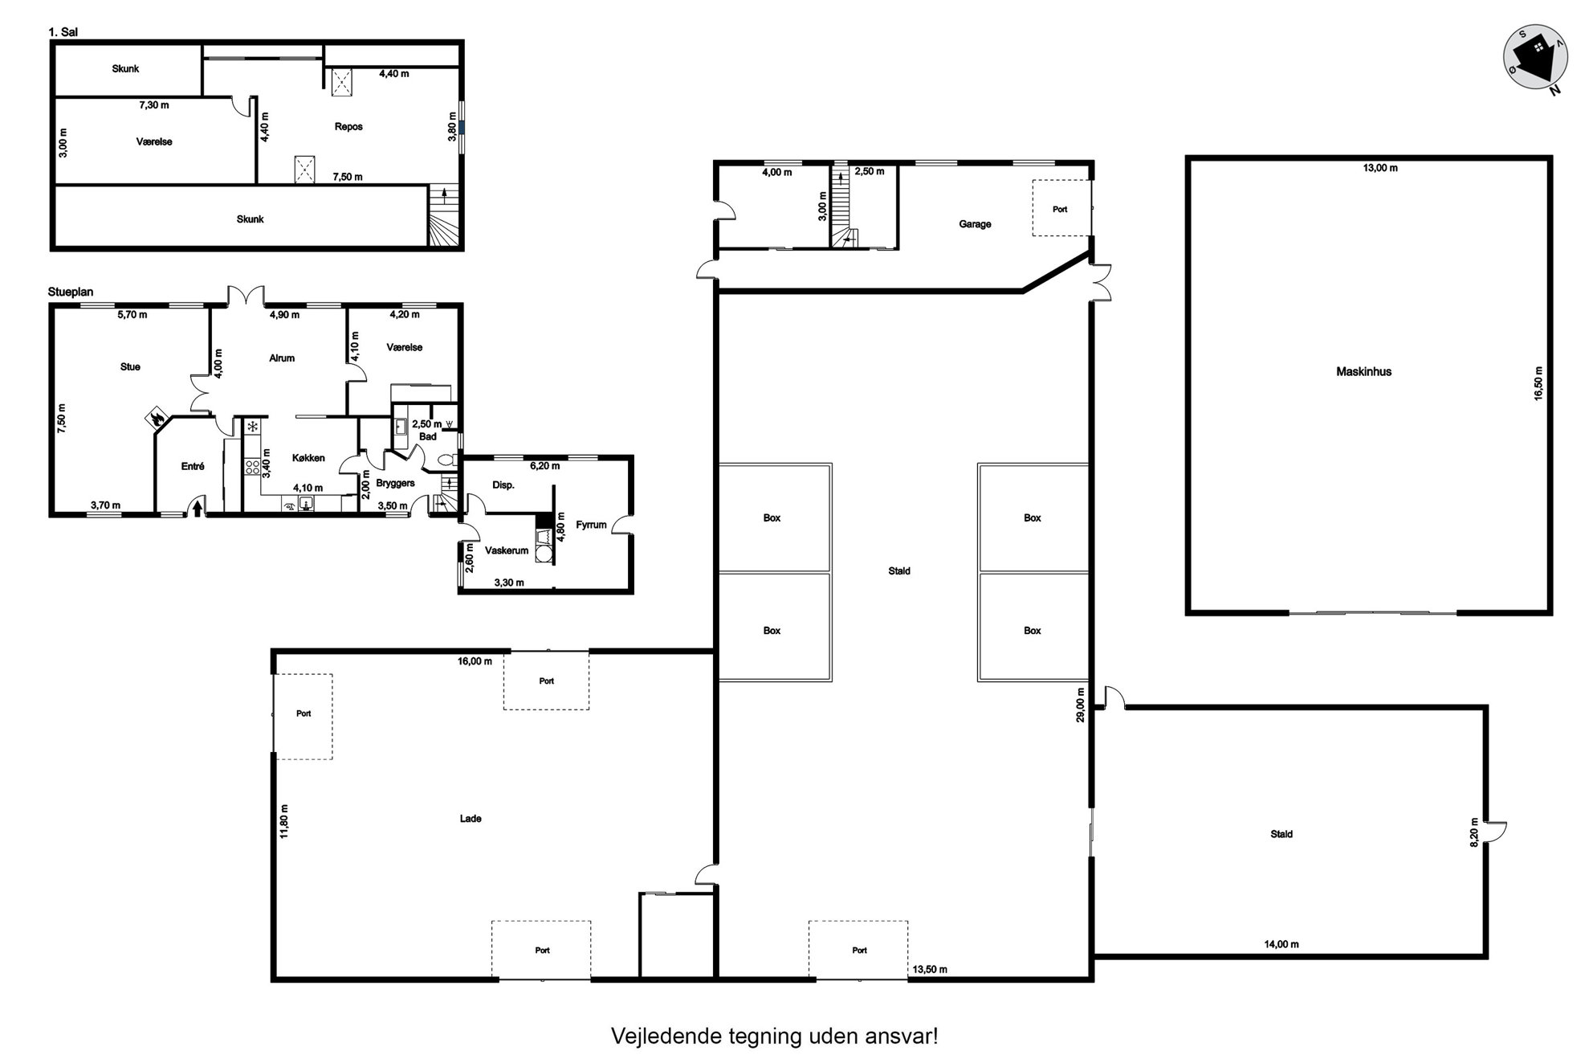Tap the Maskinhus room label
[1363, 372]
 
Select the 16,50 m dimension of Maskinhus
[1538, 383]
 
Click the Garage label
[975, 224]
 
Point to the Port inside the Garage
[1060, 210]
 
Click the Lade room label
[471, 819]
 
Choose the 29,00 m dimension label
[1081, 705]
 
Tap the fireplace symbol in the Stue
[155, 416]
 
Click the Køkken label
[308, 458]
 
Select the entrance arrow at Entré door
[198, 509]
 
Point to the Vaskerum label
[507, 551]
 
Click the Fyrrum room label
[591, 525]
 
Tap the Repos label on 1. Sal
[348, 127]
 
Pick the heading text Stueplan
[71, 292]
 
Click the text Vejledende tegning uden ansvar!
[774, 1036]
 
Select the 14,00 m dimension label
[1281, 944]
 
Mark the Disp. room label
[503, 485]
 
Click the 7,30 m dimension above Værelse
[154, 105]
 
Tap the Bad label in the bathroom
[428, 437]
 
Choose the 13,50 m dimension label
[930, 970]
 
